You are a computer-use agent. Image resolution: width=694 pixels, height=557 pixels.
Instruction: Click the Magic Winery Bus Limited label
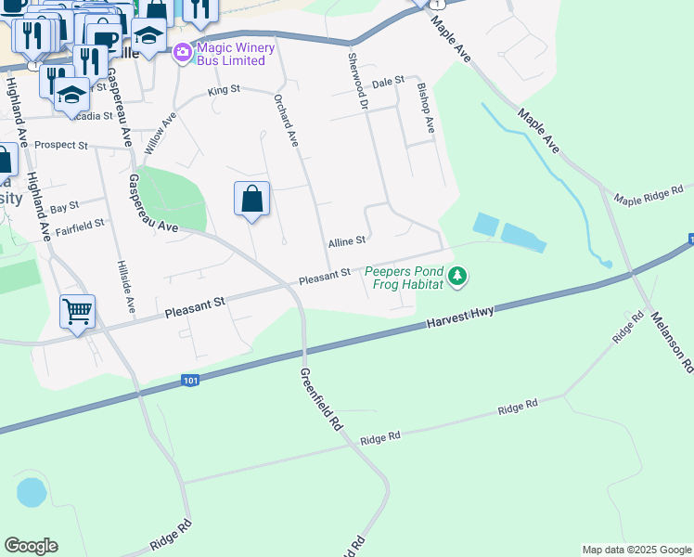click(x=230, y=54)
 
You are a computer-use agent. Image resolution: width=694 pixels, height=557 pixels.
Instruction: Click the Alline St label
click(x=346, y=241)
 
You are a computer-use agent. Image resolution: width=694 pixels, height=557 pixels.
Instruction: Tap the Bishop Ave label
click(x=426, y=109)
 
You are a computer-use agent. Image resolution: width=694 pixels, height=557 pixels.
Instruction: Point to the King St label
click(x=224, y=90)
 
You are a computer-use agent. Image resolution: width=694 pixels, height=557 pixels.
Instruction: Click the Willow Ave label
click(x=160, y=134)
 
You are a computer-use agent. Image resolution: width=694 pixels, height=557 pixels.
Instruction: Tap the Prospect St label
click(x=60, y=146)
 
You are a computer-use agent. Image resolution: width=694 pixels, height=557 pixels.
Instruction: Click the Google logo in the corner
click(x=31, y=546)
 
